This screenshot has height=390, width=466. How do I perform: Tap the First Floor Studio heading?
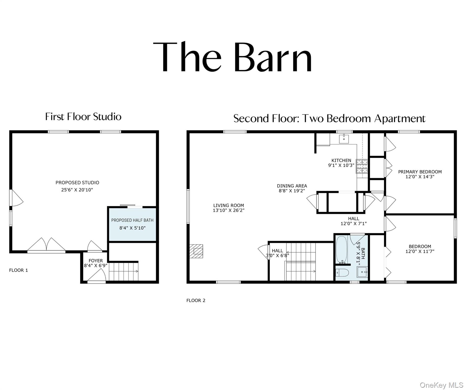tap(83, 117)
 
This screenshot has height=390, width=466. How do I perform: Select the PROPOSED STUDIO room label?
tap(77, 183)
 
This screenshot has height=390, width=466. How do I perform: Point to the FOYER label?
tap(96, 261)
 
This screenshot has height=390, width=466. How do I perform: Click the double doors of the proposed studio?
tap(46, 245)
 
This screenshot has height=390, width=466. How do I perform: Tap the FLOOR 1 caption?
tap(19, 270)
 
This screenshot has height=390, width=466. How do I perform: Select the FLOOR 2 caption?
tap(196, 300)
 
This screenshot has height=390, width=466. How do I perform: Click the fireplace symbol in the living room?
tap(196, 251)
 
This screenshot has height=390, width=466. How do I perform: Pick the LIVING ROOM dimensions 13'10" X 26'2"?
tap(229, 210)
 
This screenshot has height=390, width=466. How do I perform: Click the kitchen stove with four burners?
tap(362, 166)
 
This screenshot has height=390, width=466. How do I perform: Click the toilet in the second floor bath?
tap(340, 273)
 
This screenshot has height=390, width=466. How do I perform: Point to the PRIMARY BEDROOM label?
tap(420, 172)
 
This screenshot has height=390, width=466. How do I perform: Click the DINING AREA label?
tap(292, 186)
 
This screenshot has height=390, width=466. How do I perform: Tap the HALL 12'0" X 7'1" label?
tap(353, 221)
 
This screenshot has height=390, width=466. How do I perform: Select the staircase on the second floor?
tap(301, 262)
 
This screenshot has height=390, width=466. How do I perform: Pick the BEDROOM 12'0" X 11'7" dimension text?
tap(420, 251)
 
